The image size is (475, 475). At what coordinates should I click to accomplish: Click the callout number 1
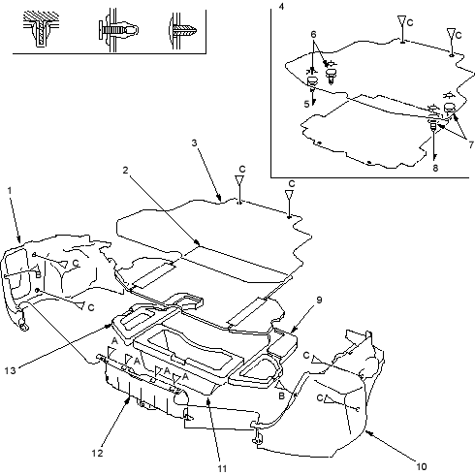tap(10, 191)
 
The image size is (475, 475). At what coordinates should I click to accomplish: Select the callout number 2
tap(125, 171)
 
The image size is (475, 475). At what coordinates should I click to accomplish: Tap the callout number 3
tap(194, 142)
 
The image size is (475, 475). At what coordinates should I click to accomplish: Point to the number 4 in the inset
tap(281, 6)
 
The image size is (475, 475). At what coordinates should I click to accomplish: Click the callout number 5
tap(306, 104)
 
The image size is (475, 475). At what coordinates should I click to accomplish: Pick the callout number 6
tap(313, 34)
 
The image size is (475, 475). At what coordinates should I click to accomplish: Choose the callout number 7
tap(471, 144)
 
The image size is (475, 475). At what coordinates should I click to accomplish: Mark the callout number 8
tap(435, 168)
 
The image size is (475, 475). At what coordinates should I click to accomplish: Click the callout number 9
tap(319, 300)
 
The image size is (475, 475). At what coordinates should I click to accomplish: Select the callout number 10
tap(422, 466)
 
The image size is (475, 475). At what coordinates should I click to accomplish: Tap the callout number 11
tap(222, 468)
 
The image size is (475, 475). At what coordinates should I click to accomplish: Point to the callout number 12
tap(97, 453)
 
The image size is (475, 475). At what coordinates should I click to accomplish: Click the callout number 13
tap(10, 370)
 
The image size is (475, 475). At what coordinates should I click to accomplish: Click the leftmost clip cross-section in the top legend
tap(41, 29)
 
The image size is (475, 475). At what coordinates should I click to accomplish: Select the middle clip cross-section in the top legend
tap(118, 30)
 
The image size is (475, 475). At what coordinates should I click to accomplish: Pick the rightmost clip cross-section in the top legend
tap(183, 31)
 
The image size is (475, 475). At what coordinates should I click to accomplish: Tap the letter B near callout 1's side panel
tap(38, 275)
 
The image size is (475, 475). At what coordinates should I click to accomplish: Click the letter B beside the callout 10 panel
tap(281, 396)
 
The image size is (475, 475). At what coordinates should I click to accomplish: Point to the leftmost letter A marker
tap(114, 340)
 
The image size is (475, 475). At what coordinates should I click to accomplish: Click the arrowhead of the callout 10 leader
tap(367, 432)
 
